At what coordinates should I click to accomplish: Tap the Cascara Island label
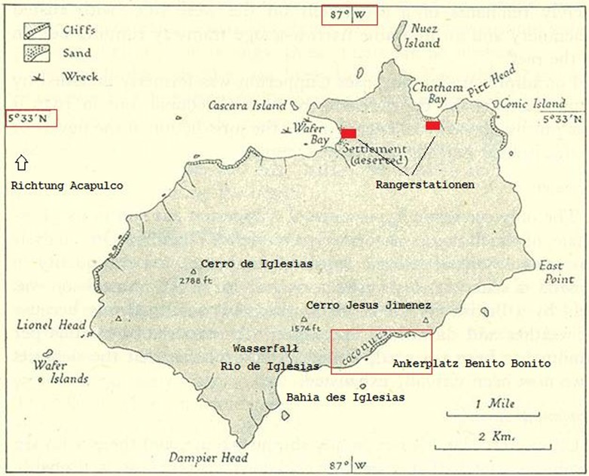[248, 106]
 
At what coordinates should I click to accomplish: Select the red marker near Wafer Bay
[348, 133]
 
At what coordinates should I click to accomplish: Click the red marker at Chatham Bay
[432, 126]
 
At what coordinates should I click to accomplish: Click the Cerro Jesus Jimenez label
[368, 305]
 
